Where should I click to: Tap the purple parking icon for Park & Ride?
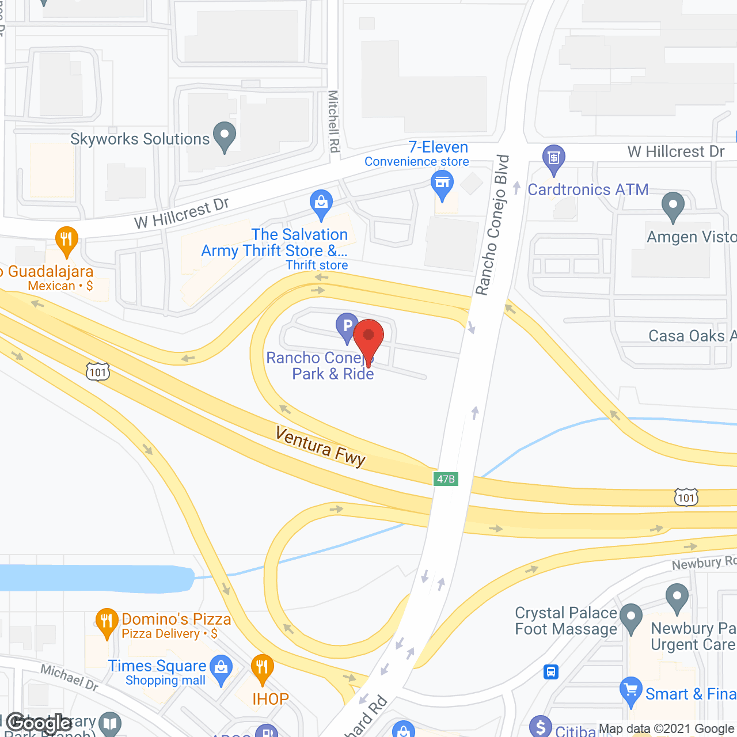click(x=347, y=326)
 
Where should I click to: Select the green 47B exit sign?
click(x=446, y=479)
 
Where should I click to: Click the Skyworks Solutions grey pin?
click(x=225, y=136)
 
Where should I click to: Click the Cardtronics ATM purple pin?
click(x=554, y=158)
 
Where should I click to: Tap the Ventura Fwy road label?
click(x=320, y=446)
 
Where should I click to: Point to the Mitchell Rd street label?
click(x=333, y=121)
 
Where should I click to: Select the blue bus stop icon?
click(x=551, y=672)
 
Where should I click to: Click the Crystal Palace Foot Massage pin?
click(x=631, y=617)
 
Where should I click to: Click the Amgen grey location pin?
click(x=673, y=206)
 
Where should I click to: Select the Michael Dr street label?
click(x=69, y=677)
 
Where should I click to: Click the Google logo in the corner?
click(x=39, y=723)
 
